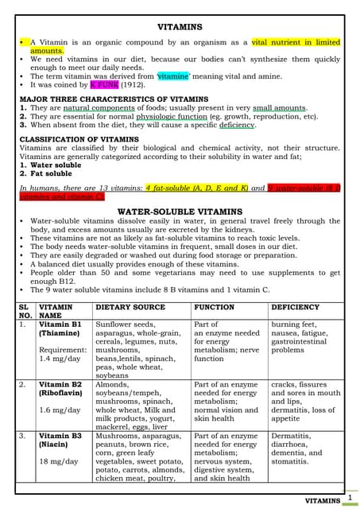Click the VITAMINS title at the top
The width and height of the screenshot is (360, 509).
180,27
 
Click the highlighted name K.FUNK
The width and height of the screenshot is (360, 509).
105,84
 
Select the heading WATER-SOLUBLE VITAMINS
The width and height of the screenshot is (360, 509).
179,212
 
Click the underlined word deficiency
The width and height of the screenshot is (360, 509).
238,125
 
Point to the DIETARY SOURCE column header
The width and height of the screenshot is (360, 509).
130,307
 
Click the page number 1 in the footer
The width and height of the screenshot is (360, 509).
350,496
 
